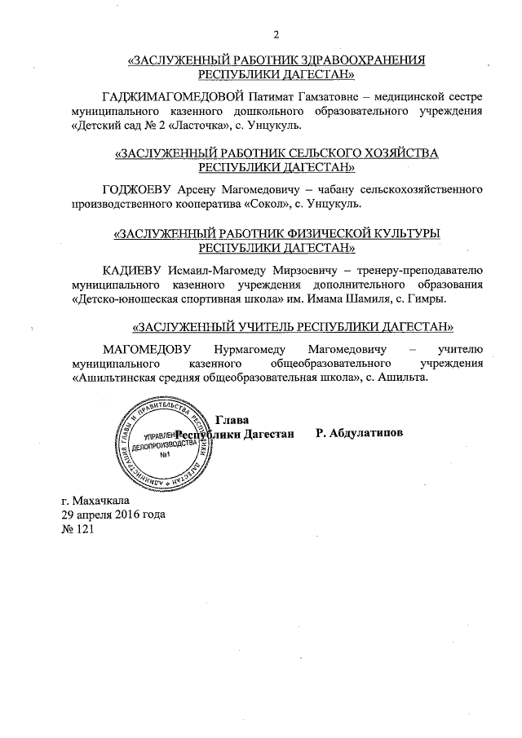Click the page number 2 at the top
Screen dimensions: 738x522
pyautogui.click(x=276, y=34)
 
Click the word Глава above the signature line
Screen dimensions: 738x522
pyautogui.click(x=232, y=418)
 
